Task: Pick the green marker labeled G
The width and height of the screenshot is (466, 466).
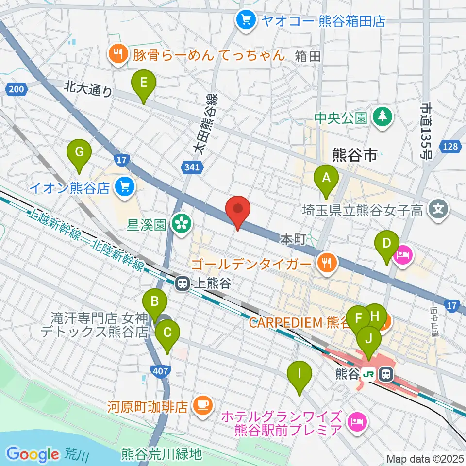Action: click(x=79, y=153)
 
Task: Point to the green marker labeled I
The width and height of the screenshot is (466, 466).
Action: click(x=299, y=375)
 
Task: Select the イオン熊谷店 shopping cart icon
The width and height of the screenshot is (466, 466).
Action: click(x=124, y=187)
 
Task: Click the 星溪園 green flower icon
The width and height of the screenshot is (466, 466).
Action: click(x=182, y=224)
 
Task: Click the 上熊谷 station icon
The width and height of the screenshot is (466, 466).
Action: click(x=183, y=283)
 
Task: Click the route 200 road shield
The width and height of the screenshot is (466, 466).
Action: click(x=16, y=88)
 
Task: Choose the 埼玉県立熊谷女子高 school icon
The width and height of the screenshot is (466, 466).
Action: click(x=439, y=210)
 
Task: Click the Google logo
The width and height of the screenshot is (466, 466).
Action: click(x=33, y=454)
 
